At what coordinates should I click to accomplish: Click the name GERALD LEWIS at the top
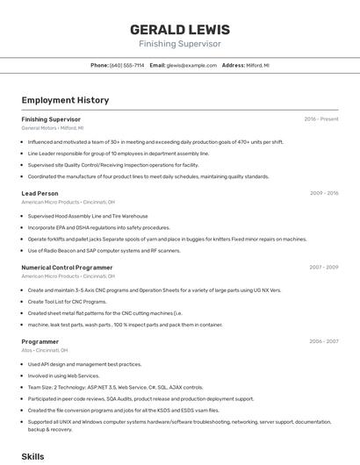click(x=179, y=29)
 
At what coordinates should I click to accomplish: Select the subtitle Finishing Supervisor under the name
click(x=179, y=44)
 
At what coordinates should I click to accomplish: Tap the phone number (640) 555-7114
click(x=126, y=65)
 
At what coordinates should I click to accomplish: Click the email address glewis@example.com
click(x=191, y=65)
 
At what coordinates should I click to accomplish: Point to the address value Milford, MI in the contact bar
click(x=258, y=65)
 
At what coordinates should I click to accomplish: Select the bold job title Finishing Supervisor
click(x=51, y=118)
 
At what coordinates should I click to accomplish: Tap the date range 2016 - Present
click(x=320, y=118)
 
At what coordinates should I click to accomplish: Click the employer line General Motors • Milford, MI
click(x=54, y=128)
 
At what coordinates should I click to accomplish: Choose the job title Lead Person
click(x=40, y=193)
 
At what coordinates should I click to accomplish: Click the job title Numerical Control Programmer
click(x=67, y=268)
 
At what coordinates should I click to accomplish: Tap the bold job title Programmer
click(x=40, y=341)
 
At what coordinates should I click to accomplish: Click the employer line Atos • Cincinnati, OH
click(x=45, y=351)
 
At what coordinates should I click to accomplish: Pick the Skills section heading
click(x=32, y=457)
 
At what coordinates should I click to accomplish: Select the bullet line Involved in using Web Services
click(x=63, y=375)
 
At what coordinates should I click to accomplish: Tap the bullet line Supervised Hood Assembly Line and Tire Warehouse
click(x=88, y=216)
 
